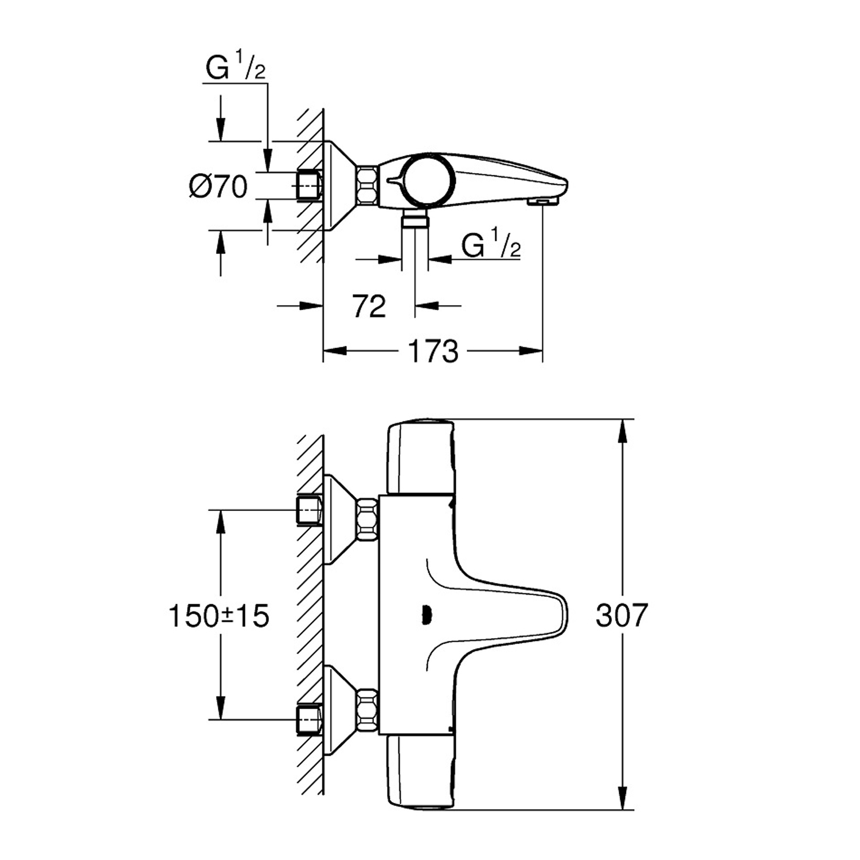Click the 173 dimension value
[433, 351]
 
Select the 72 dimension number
[369, 306]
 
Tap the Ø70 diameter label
[218, 186]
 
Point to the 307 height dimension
[621, 615]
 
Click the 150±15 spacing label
[219, 616]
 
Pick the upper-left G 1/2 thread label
[236, 68]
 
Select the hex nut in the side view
[368, 185]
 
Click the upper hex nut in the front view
[368, 519]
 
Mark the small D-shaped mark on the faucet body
[425, 615]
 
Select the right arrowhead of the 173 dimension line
[531, 351]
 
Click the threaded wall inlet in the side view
[309, 186]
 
